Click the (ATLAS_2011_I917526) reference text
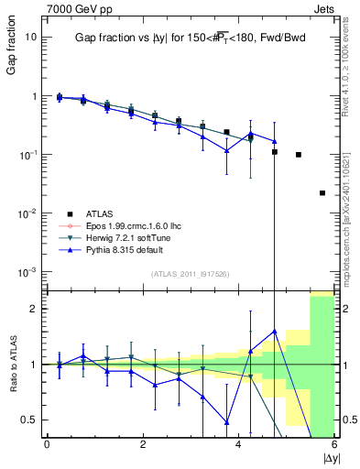pyautogui.click(x=190, y=275)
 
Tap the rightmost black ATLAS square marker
pyautogui.click(x=322, y=193)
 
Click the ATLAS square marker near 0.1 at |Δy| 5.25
pyautogui.click(x=299, y=155)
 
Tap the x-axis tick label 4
pyautogui.click(x=239, y=444)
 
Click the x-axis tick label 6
pyautogui.click(x=334, y=444)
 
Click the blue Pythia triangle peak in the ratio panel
pyautogui.click(x=274, y=331)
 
